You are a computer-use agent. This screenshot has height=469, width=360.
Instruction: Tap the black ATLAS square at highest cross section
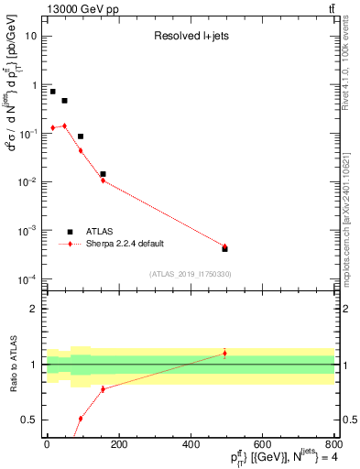click(53, 92)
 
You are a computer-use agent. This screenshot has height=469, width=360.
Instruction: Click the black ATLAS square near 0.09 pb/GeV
click(81, 136)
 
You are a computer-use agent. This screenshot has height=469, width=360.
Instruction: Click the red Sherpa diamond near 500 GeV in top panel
click(224, 246)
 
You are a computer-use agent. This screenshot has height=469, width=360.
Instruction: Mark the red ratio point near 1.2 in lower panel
click(224, 353)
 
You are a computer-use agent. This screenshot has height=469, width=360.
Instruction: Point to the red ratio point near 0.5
click(81, 419)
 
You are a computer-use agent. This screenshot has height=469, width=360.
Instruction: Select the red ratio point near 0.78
click(103, 388)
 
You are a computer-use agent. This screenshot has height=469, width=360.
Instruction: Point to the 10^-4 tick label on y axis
click(27, 279)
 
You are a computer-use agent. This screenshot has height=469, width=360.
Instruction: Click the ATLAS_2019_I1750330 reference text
click(190, 274)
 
